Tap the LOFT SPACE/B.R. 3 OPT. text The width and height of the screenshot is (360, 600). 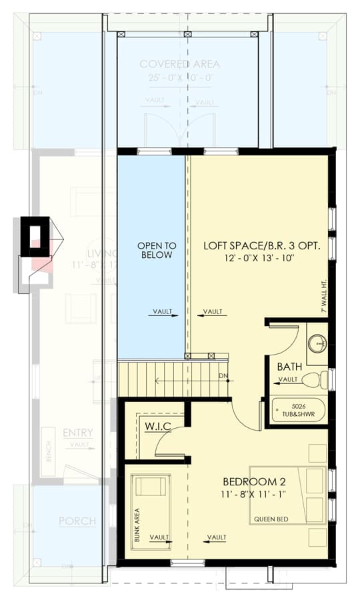tap(261, 245)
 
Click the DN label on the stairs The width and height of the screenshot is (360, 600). tap(223, 376)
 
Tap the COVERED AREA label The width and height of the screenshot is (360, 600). tap(179, 65)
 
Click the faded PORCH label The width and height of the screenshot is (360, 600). tap(77, 521)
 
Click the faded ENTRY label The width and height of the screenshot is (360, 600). tap(78, 433)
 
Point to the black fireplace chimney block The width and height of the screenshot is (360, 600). tap(35, 237)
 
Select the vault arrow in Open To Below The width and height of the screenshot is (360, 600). tap(162, 311)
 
